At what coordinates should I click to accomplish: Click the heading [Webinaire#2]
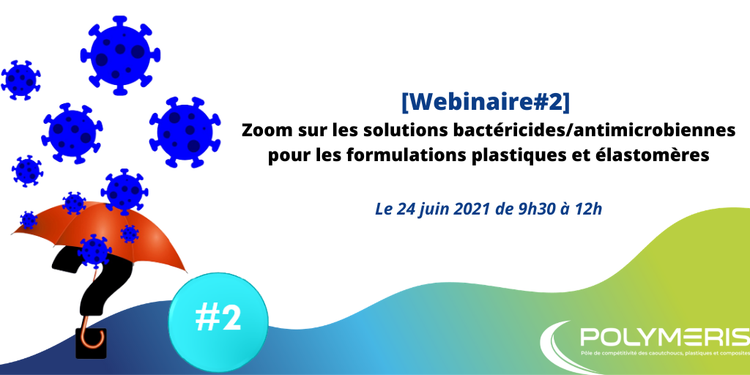pyautogui.click(x=486, y=103)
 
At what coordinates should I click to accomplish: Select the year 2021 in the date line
pyautogui.click(x=471, y=209)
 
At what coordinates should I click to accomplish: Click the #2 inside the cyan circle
pyautogui.click(x=218, y=318)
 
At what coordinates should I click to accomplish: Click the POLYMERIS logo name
pyautogui.click(x=664, y=337)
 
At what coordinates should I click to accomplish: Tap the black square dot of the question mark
pyautogui.click(x=91, y=343)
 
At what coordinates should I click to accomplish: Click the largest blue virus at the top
pyautogui.click(x=120, y=56)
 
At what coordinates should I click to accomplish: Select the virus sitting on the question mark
pyautogui.click(x=94, y=251)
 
